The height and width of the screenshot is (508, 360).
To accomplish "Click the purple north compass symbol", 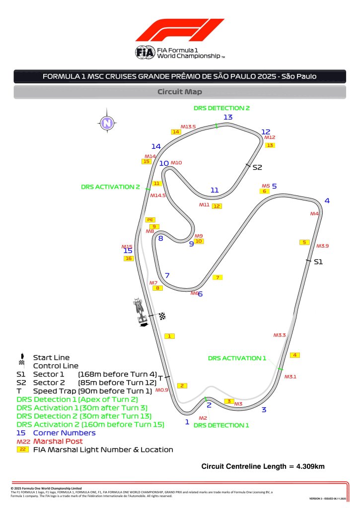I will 106,123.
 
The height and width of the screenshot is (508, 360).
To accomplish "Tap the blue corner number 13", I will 228,117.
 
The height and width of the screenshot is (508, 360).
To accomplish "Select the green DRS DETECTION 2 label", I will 221,108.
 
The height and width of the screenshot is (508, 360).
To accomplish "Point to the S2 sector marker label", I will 257,168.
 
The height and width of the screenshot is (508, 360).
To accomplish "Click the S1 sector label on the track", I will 318,261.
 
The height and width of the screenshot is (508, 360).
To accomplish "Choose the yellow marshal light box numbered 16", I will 129,258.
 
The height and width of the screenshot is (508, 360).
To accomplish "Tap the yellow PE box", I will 150,219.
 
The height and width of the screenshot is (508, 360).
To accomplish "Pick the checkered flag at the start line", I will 162,317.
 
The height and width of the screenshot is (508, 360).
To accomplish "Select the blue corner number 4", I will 327,200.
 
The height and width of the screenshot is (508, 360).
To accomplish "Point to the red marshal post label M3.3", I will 280,335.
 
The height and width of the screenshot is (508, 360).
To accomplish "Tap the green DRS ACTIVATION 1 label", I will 237,358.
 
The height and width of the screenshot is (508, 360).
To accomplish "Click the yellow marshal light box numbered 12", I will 216,206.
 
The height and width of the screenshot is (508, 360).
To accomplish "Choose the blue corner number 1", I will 187,422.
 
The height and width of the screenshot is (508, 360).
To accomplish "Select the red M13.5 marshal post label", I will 188,127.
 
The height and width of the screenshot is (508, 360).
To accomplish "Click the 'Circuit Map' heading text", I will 180,92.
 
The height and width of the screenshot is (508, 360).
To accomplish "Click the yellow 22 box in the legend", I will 23,449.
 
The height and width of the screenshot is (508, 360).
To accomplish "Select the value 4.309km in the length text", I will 310,466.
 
